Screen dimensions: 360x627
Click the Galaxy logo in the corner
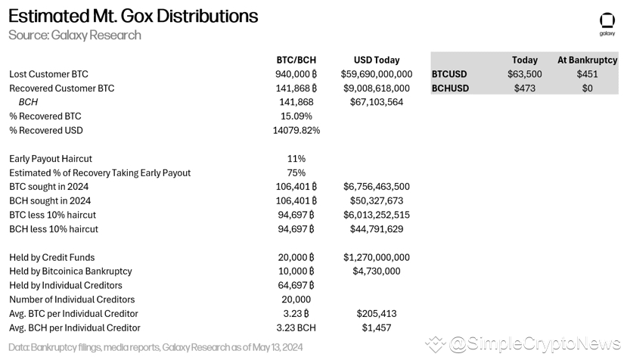607,23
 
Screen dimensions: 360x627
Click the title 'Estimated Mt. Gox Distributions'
133,16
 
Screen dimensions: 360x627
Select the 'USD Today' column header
376,60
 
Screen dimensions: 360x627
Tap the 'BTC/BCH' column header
296,60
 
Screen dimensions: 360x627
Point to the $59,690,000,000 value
377,74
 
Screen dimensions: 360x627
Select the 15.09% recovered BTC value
296,116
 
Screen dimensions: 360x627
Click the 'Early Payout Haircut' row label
51,159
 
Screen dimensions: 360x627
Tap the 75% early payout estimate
296,172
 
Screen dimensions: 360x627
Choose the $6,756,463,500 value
377,187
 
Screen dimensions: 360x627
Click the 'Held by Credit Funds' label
51,257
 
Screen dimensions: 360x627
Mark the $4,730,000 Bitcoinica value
377,271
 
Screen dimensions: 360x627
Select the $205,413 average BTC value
377,313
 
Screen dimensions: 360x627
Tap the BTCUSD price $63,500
525,74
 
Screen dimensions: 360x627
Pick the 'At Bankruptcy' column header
587,60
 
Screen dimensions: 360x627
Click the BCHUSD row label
450,88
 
